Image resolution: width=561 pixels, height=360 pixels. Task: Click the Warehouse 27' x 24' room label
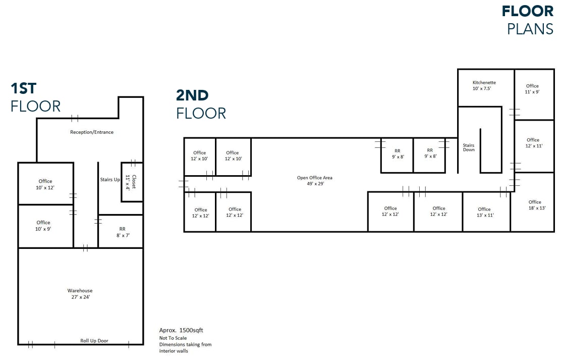(80, 294)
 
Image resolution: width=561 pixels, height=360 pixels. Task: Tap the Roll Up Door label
(94, 341)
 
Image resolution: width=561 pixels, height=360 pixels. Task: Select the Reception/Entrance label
(92, 132)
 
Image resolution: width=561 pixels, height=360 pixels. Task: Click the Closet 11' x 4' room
(132, 182)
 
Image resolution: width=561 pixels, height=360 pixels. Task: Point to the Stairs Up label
(110, 180)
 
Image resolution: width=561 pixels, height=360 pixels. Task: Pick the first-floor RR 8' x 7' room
(122, 232)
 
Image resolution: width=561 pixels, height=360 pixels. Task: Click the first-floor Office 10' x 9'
(44, 226)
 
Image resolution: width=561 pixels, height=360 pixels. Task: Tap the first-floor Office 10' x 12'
(45, 184)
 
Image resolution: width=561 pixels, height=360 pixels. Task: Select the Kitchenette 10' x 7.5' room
(484, 85)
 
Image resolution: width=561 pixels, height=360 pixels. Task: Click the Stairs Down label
(469, 147)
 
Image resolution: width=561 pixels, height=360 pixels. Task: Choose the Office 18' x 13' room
(535, 205)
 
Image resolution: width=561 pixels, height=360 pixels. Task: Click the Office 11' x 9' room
(532, 89)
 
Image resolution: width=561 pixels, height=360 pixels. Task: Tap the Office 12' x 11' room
(533, 143)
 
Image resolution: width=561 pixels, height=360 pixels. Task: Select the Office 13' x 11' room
(484, 212)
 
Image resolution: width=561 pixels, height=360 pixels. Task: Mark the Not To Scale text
(173, 338)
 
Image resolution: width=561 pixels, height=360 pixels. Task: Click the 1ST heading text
(24, 88)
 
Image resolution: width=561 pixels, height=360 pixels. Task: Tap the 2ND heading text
(192, 95)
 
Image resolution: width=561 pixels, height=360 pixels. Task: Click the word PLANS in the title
(530, 29)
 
